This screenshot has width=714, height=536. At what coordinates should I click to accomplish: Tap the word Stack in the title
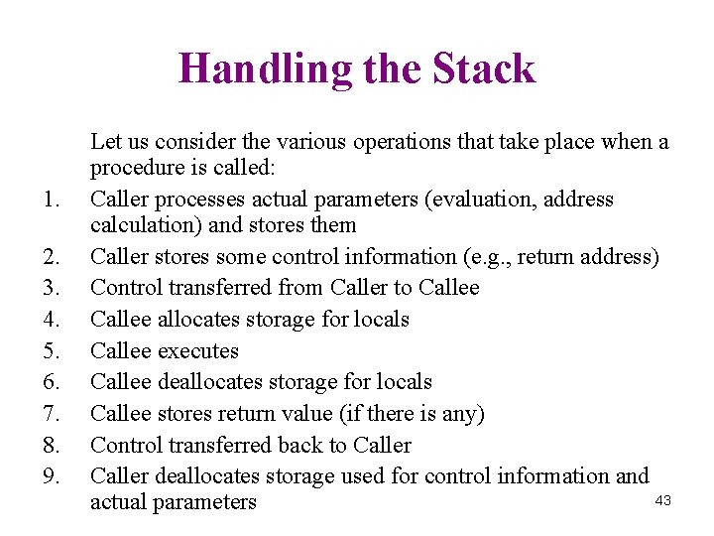point(484,68)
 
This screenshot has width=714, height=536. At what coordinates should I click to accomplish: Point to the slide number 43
point(663,501)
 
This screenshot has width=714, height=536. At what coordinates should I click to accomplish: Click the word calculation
point(142,225)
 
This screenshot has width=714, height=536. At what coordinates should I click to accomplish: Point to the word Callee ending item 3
point(448,288)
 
